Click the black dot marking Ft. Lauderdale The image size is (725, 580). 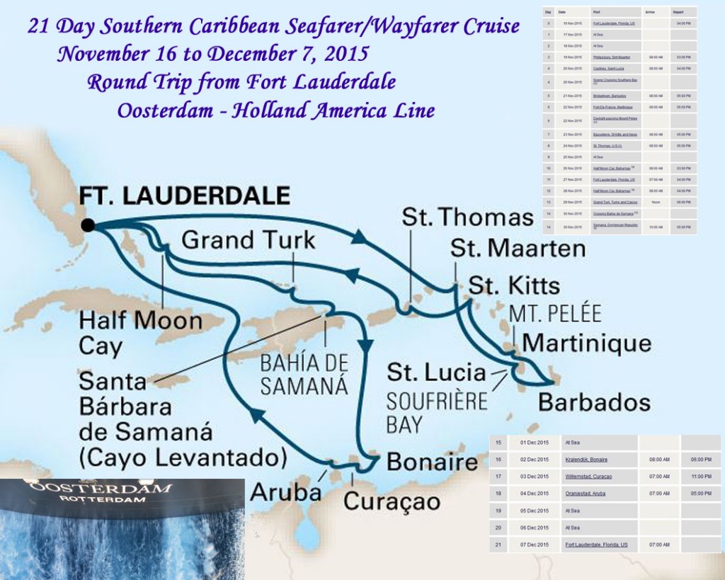[x=88, y=225]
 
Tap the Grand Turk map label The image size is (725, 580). [x=248, y=240]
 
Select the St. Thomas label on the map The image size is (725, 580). [x=467, y=217]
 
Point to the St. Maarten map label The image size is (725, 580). [x=518, y=249]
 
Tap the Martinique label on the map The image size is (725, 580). [x=586, y=343]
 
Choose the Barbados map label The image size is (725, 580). [x=594, y=402]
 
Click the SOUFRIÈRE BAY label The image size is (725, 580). [x=437, y=412]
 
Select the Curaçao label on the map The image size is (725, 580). [x=392, y=501]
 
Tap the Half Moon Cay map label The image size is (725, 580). [x=140, y=334]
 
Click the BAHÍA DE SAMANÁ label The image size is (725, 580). [x=304, y=374]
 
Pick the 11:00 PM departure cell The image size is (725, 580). [x=701, y=476]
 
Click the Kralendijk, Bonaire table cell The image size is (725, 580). [x=586, y=459]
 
